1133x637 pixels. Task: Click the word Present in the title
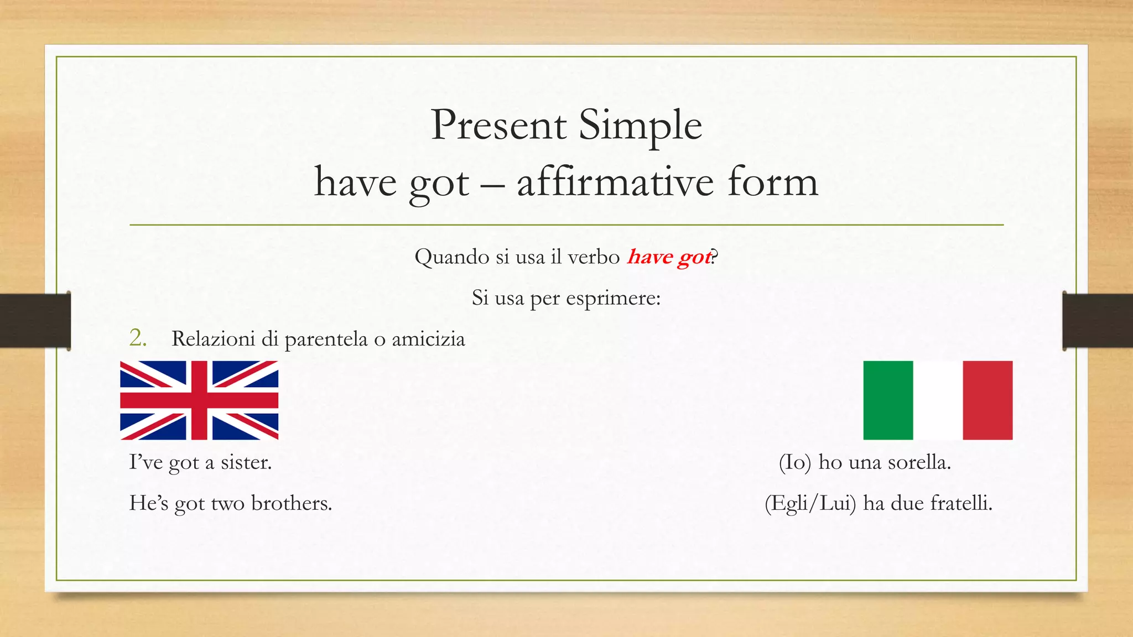(498, 126)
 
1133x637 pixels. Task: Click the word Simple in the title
(640, 126)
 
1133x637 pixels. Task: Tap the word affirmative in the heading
(615, 182)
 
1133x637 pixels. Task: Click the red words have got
(669, 257)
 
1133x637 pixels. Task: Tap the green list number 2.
(137, 338)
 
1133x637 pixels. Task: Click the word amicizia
(428, 339)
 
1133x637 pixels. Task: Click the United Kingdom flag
(199, 400)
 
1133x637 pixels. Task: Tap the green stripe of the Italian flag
(888, 400)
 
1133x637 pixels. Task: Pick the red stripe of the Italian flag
(988, 400)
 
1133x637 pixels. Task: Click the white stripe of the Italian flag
(938, 400)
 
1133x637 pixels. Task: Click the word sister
(246, 462)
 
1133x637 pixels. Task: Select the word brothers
(292, 503)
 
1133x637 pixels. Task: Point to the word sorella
(919, 462)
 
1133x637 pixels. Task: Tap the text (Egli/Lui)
(810, 504)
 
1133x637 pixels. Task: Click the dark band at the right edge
(1098, 321)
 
